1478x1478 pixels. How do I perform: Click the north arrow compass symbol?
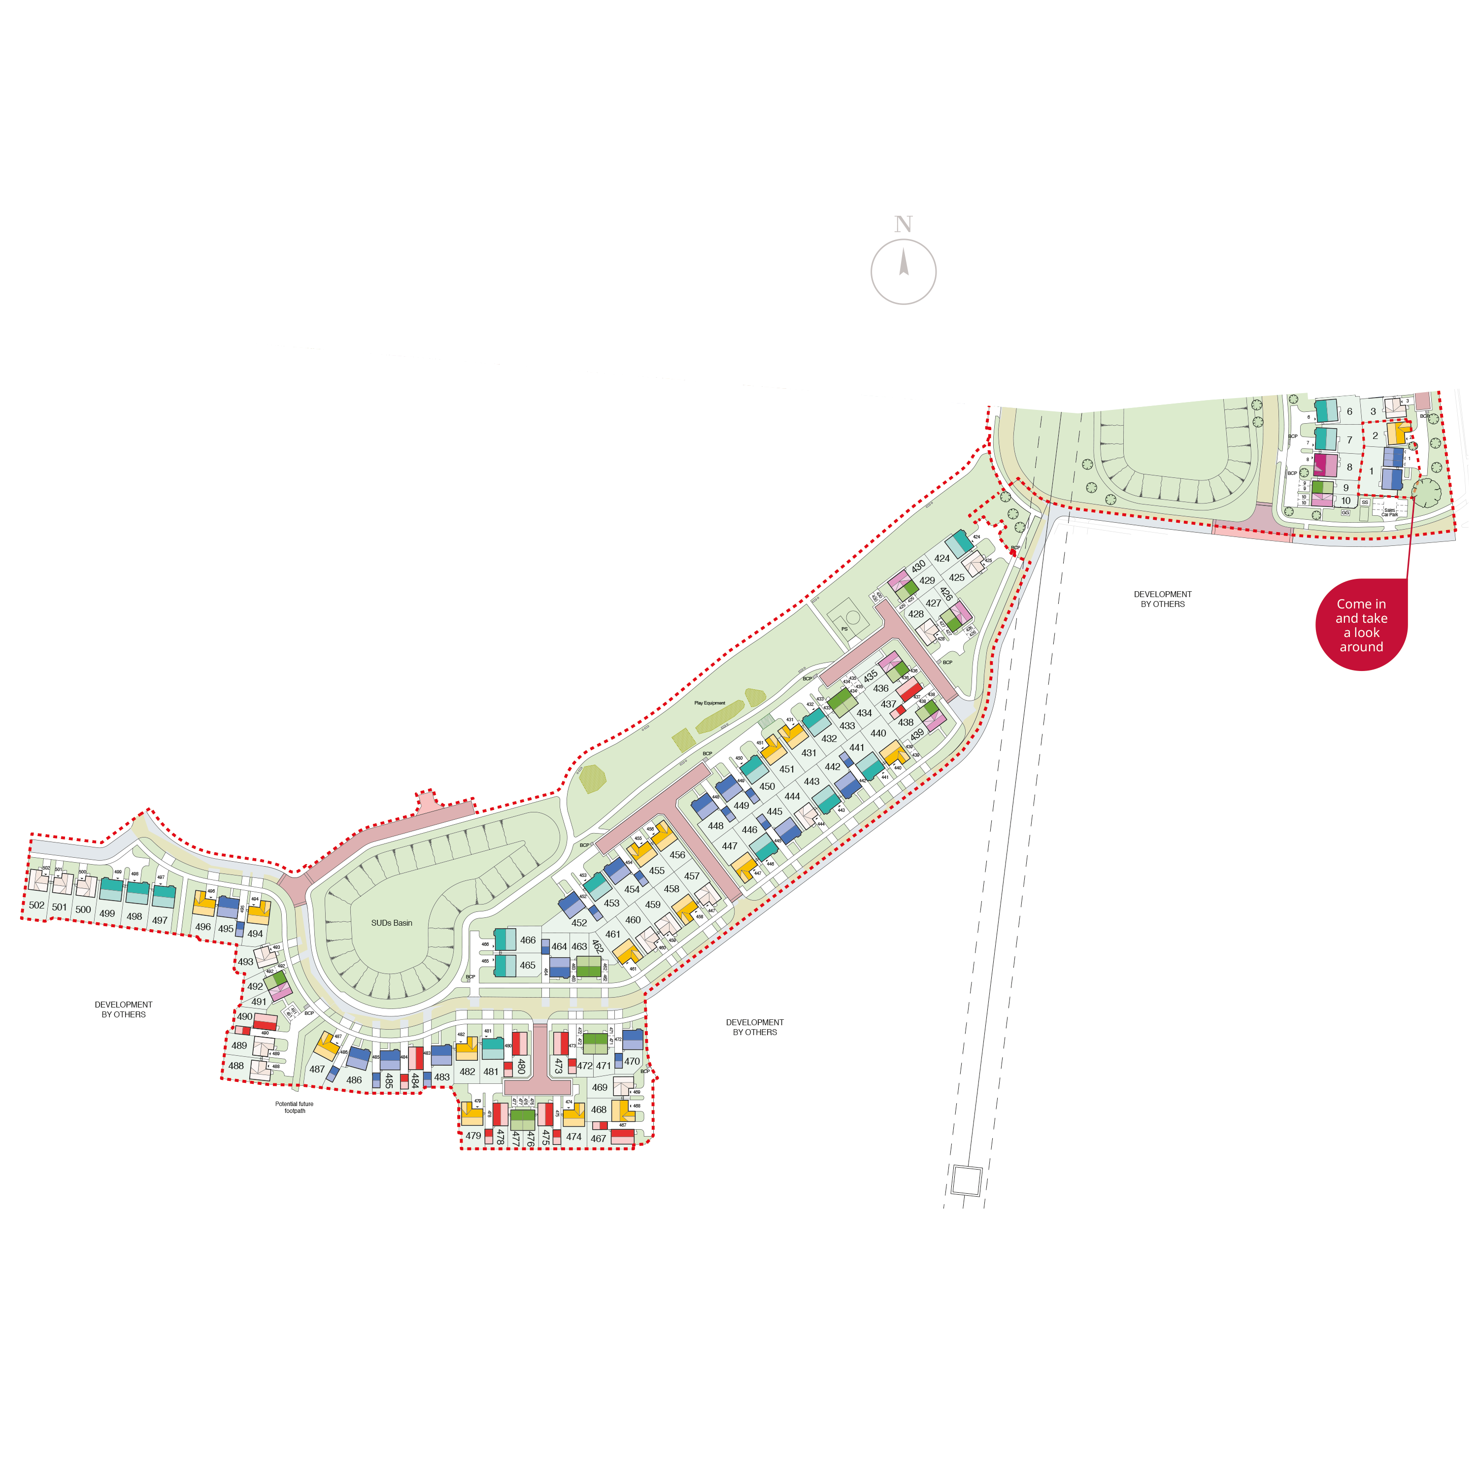(x=904, y=271)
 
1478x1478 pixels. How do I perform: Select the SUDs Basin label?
(x=392, y=923)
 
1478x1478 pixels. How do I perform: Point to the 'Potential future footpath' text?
(x=295, y=1108)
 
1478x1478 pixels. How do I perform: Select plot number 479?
(x=473, y=1136)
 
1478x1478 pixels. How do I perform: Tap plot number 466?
(x=528, y=940)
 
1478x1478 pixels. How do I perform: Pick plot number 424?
(x=941, y=559)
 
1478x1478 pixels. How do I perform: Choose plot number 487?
(x=317, y=1070)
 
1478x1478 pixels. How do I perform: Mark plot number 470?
(x=632, y=1062)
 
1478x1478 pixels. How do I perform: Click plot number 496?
(x=202, y=927)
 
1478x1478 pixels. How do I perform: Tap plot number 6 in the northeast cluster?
(x=1349, y=411)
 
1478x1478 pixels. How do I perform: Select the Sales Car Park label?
(x=1389, y=512)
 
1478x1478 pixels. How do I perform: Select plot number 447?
(x=730, y=846)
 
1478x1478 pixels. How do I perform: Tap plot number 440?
(x=878, y=733)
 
